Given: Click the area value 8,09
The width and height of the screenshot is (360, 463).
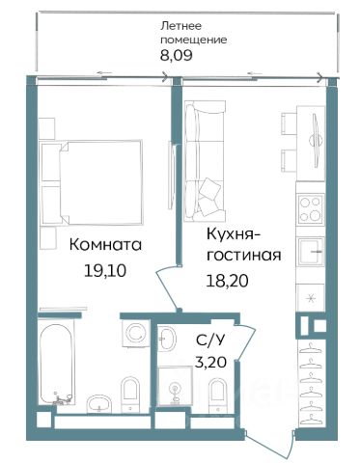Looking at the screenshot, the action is click(177, 55).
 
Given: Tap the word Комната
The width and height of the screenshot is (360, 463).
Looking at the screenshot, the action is click(105, 245).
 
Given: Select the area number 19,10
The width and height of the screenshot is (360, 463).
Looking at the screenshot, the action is click(105, 272).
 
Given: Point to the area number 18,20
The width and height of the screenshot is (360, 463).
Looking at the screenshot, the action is click(228, 282).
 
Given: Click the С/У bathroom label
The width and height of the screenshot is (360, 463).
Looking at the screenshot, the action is click(209, 340).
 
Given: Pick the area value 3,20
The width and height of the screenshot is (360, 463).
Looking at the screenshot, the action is click(211, 363).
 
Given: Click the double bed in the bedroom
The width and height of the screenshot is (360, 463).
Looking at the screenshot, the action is click(91, 182).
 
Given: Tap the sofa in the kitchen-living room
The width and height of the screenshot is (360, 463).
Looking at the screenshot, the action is click(205, 161).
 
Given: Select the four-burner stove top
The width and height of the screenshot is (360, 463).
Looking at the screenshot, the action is click(311, 209).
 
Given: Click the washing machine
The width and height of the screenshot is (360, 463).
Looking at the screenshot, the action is click(136, 333).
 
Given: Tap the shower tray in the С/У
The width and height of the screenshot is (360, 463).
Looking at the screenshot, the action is click(175, 386).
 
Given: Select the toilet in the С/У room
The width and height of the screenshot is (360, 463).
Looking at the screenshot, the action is click(217, 394).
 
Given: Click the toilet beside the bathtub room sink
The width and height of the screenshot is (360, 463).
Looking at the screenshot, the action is click(130, 394).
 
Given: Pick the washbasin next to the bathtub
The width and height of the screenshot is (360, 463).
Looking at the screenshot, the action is click(99, 403).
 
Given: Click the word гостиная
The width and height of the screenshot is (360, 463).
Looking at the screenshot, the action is click(244, 256).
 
